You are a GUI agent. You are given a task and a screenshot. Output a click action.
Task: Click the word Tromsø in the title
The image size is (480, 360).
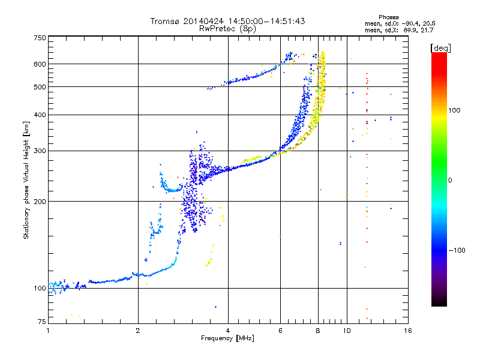pyautogui.click(x=164, y=21)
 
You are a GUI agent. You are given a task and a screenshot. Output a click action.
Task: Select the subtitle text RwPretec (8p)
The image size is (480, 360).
pyautogui.click(x=227, y=28)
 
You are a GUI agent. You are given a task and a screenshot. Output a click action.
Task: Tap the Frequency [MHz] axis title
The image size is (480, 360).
pyautogui.click(x=227, y=339)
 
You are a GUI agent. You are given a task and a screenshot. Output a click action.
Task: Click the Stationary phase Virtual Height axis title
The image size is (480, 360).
pyautogui.click(x=26, y=179)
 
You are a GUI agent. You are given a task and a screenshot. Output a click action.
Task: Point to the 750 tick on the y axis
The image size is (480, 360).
pyautogui.click(x=40, y=37)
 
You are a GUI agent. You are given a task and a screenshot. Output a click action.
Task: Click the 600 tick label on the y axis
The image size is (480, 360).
pyautogui.click(x=40, y=64)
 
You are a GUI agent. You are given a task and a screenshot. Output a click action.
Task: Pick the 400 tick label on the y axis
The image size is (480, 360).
pyautogui.click(x=40, y=115)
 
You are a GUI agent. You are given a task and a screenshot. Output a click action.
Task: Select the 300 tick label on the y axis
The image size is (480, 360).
pyautogui.click(x=40, y=151)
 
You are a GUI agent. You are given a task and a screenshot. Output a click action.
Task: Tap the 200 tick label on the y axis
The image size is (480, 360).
pyautogui.click(x=40, y=202)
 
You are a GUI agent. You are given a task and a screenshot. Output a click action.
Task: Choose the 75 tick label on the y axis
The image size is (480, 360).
pyautogui.click(x=41, y=323)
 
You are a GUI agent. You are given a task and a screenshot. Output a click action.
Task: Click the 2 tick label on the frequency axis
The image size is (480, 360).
pyautogui.click(x=138, y=331)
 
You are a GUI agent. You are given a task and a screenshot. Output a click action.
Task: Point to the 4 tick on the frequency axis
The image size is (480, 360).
pyautogui.click(x=228, y=331)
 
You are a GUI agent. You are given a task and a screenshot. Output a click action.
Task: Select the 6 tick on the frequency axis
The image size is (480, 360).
pyautogui.click(x=280, y=331)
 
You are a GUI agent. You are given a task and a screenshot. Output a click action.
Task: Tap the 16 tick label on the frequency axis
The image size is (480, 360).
pyautogui.click(x=407, y=331)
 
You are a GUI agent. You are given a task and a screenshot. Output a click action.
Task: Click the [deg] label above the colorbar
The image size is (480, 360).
pyautogui.click(x=441, y=47)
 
